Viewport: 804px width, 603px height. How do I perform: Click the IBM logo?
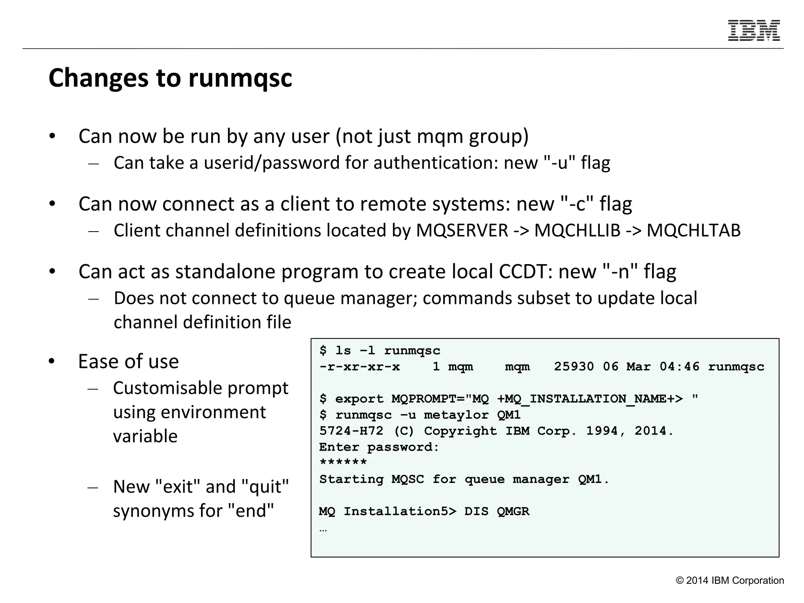pyautogui.click(x=754, y=30)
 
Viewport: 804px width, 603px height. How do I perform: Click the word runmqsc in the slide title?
pyautogui.click(x=240, y=78)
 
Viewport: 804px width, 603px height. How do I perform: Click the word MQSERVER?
pyautogui.click(x=462, y=230)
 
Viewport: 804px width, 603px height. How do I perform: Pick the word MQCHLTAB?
pyautogui.click(x=693, y=230)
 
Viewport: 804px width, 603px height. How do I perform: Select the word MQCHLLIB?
pyautogui.click(x=577, y=230)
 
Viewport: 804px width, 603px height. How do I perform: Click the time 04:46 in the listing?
pyautogui.click(x=679, y=367)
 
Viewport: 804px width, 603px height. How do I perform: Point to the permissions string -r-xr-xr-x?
pyautogui.click(x=360, y=367)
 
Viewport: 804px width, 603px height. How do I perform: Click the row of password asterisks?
pyautogui.click(x=343, y=462)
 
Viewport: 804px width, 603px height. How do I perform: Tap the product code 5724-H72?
pyautogui.click(x=351, y=431)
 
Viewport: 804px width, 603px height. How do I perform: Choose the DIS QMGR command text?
pyautogui.click(x=497, y=512)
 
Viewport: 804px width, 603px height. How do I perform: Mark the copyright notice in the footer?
pyautogui.click(x=729, y=581)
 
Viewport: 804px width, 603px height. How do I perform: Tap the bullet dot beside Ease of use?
pyautogui.click(x=52, y=362)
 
